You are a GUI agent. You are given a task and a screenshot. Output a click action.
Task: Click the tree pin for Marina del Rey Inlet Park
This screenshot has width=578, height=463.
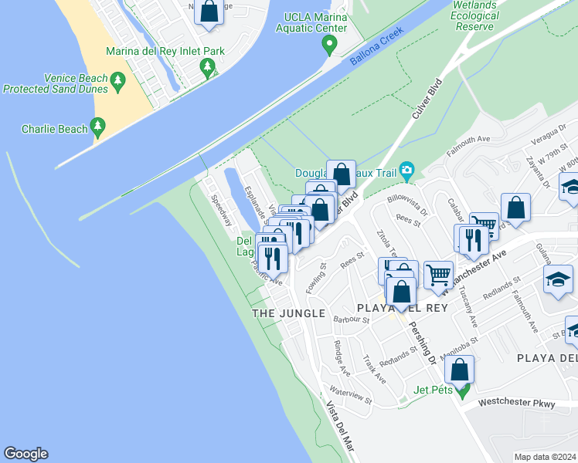click(x=207, y=69)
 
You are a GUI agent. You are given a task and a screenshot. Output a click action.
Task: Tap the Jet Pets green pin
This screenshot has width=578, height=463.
click(x=462, y=390)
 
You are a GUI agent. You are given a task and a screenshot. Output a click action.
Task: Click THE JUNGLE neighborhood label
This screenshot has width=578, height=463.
click(x=289, y=313)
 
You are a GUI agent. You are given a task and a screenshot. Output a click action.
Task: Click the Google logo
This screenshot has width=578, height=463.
click(x=25, y=454)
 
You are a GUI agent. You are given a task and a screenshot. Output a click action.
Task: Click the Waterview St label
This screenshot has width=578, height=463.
click(x=350, y=396)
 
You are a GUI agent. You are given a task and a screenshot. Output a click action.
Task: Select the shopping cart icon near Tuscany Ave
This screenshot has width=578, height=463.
click(x=438, y=275)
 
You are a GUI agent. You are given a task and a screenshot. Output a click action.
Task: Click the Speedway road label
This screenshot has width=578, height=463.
click(x=222, y=209)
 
